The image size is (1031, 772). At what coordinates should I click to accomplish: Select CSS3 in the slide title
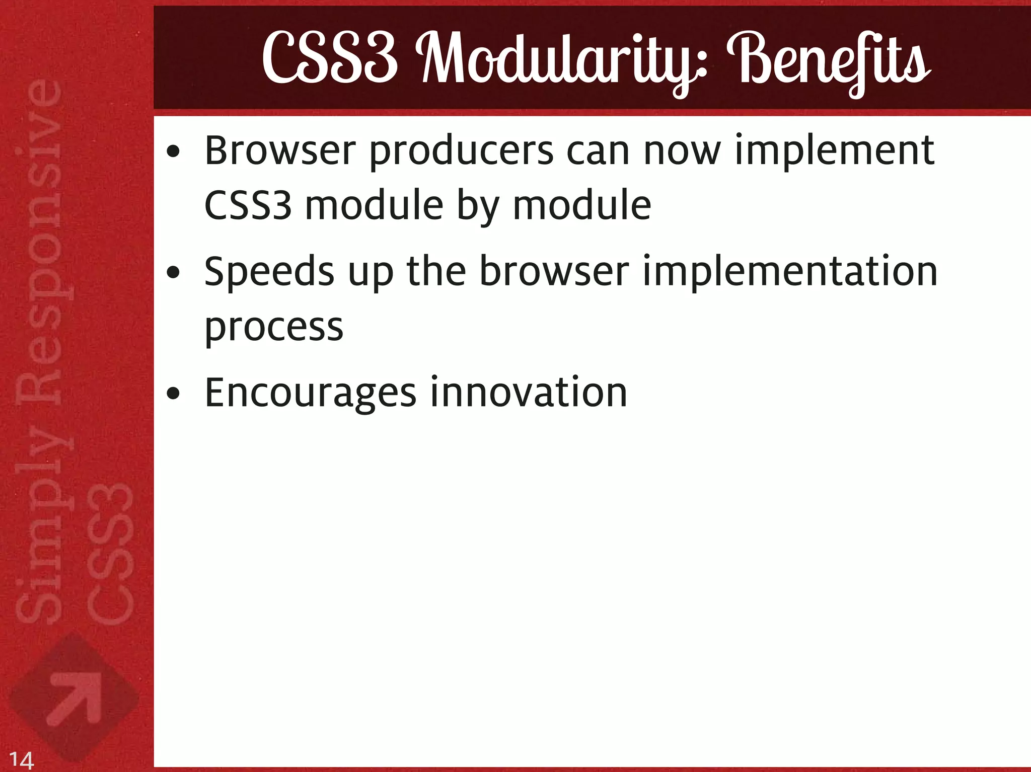coord(330,59)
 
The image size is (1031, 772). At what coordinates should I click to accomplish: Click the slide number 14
coord(22,759)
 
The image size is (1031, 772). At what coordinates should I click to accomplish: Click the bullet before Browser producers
coord(173,151)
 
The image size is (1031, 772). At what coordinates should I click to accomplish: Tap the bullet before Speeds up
coord(173,273)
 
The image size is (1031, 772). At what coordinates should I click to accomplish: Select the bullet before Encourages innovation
coord(173,394)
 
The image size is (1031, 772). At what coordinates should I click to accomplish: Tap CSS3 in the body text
coord(248,206)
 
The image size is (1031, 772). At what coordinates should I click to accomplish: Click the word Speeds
coord(269,272)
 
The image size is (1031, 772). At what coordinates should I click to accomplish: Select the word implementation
coord(790,272)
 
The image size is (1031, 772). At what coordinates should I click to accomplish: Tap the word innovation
coord(528,393)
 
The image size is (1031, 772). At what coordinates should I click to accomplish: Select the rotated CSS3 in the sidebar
coord(110,554)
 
